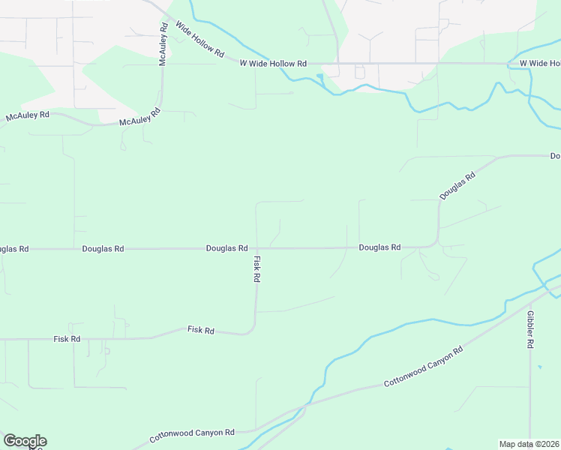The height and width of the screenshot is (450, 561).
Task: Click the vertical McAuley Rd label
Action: pos(163,44)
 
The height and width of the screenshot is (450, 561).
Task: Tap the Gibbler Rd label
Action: pos(530,329)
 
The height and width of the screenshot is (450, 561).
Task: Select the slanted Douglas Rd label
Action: pos(457,186)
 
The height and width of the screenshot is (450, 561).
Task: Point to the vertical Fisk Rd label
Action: pos(256,269)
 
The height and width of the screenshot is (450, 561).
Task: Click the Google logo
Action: pos(25,441)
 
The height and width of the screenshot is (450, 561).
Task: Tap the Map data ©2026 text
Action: pos(529,444)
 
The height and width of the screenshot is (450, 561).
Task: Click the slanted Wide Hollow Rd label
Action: pos(199,40)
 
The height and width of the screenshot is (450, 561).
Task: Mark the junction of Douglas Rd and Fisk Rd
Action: pos(256,247)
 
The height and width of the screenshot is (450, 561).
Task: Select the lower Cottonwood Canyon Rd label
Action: pos(192,434)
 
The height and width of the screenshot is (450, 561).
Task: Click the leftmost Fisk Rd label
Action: pos(67,339)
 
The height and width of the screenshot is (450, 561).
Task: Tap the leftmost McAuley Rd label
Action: pos(28,115)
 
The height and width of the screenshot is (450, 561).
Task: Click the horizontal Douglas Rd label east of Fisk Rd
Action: pos(379,247)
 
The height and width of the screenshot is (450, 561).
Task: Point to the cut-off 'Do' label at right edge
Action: pos(555,156)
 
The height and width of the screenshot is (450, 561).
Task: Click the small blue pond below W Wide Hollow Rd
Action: pos(321,77)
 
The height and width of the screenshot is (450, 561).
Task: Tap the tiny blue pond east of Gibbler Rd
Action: pos(540,367)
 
